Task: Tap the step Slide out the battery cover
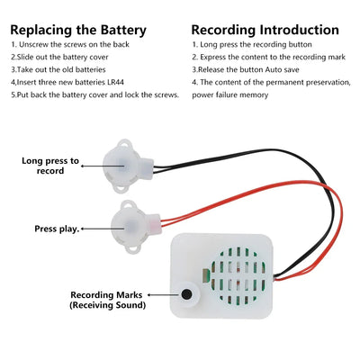pyautogui.click(x=62, y=56)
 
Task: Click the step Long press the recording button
pyautogui.click(x=256, y=43)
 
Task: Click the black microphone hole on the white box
pyautogui.click(x=188, y=293)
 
